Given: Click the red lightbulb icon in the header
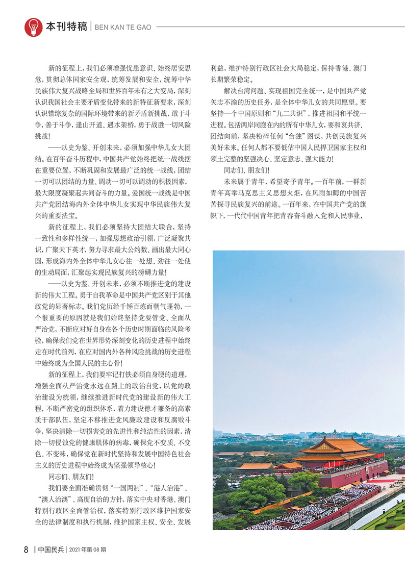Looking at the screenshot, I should tap(33, 27).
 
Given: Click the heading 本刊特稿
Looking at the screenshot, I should tap(66, 27).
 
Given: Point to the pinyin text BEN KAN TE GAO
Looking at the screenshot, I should tap(122, 27).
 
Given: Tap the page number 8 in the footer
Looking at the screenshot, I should tap(26, 550).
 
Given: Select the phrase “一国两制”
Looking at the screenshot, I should tap(120, 488).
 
